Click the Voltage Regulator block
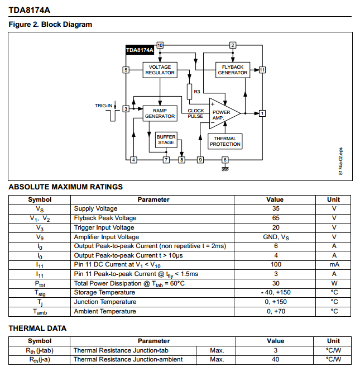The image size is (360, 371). tap(160, 70)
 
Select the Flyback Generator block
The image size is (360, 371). tap(233, 70)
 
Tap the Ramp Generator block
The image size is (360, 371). tap(160, 113)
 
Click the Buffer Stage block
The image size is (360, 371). tap(166, 140)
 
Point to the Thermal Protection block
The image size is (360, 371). tap(225, 141)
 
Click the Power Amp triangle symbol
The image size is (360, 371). tap(223, 113)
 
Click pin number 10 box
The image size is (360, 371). tap(160, 45)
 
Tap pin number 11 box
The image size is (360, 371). tap(262, 70)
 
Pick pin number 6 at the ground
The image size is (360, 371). tap(225, 160)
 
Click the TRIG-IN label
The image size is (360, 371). tap(103, 106)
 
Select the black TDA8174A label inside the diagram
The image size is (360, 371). tap(140, 50)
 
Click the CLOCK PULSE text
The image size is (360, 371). tap(195, 113)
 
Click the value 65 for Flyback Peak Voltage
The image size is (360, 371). tap(275, 218)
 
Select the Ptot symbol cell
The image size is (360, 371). tap(40, 283)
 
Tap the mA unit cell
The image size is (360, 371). tap(334, 265)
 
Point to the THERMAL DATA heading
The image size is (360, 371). tap(37, 328)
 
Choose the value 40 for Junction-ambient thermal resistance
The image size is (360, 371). tap(275, 359)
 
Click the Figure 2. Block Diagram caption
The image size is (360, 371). tap(50, 25)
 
